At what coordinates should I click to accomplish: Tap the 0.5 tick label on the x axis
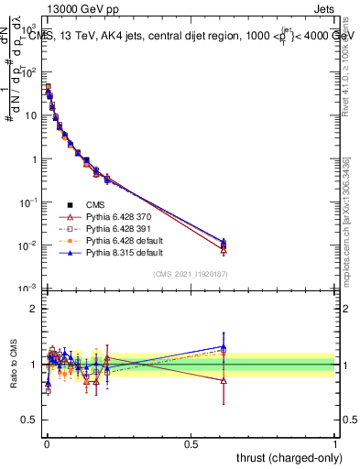point(191,442)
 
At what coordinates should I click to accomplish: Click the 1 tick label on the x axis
point(335,442)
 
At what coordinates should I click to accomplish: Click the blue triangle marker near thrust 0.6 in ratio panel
point(224,347)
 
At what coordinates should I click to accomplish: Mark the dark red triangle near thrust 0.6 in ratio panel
point(224,379)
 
